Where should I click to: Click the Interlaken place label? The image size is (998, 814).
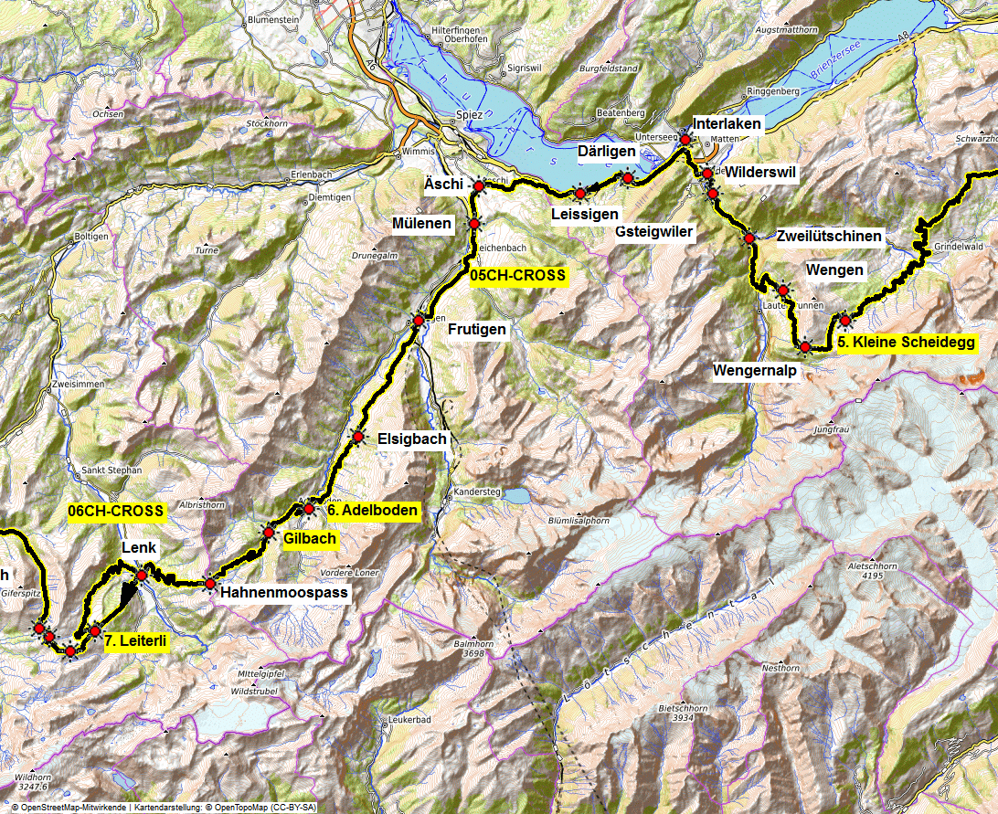(x=726, y=123)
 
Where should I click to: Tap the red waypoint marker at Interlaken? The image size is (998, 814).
(x=685, y=140)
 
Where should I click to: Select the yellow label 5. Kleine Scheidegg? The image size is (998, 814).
(x=906, y=344)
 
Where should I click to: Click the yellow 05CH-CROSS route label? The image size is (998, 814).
(x=518, y=275)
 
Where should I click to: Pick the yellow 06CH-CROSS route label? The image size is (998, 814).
(x=115, y=512)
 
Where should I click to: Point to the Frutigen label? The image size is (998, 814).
(x=476, y=329)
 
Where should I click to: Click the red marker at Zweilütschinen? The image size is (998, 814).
(x=749, y=238)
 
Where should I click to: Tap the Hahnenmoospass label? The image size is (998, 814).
(x=284, y=592)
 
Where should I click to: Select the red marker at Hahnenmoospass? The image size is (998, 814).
(x=209, y=583)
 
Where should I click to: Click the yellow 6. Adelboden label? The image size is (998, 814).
(x=372, y=511)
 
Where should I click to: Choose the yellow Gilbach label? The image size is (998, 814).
(x=310, y=539)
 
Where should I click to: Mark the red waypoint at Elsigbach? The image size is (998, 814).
(x=358, y=439)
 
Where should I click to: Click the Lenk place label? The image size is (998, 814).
(x=140, y=548)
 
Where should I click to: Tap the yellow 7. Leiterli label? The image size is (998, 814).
(x=135, y=642)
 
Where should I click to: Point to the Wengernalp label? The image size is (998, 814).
(x=756, y=371)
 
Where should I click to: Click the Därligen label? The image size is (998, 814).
(x=607, y=151)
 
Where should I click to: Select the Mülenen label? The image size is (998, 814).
(x=422, y=224)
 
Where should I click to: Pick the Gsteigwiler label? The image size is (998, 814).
(x=654, y=232)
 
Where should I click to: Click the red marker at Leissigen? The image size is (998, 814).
(x=579, y=193)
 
